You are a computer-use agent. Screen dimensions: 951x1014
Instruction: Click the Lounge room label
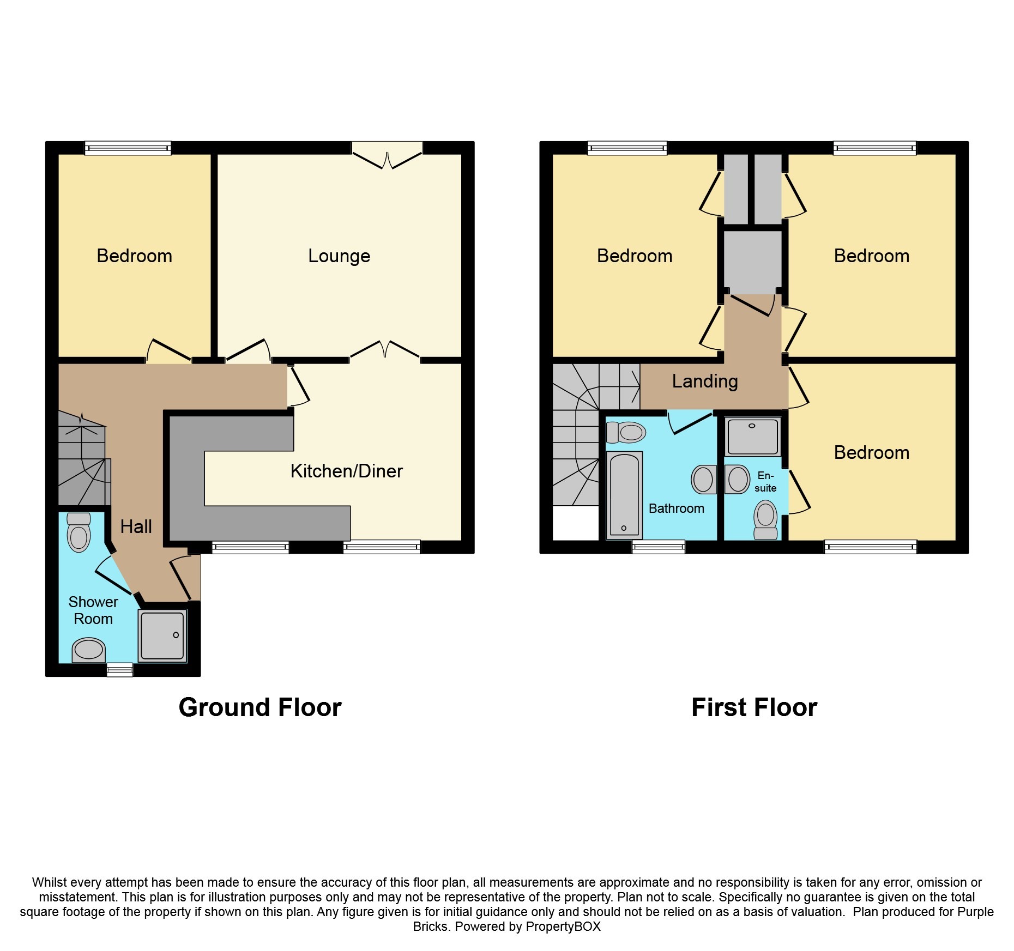339,256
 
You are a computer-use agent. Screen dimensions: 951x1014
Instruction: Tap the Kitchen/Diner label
346,471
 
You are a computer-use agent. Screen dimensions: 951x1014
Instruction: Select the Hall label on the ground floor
136,526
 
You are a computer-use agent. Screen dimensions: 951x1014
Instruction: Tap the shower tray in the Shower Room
162,635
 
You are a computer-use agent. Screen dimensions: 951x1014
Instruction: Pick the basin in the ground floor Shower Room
88,650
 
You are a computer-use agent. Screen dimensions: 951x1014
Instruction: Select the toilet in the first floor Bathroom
627,433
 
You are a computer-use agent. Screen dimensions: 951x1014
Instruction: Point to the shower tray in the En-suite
752,436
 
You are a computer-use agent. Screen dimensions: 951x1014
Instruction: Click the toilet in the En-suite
766,520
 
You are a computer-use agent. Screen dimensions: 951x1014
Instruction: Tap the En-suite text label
765,482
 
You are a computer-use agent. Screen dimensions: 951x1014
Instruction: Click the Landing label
704,381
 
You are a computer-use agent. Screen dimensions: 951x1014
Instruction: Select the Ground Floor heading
260,707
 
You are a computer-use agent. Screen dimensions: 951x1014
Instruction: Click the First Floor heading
754,707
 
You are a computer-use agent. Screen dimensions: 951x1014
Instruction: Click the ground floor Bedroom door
169,352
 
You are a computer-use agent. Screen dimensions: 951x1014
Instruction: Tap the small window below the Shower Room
119,670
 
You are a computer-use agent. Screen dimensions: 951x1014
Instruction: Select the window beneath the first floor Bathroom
658,547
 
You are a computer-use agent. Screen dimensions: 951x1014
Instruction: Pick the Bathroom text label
676,508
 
